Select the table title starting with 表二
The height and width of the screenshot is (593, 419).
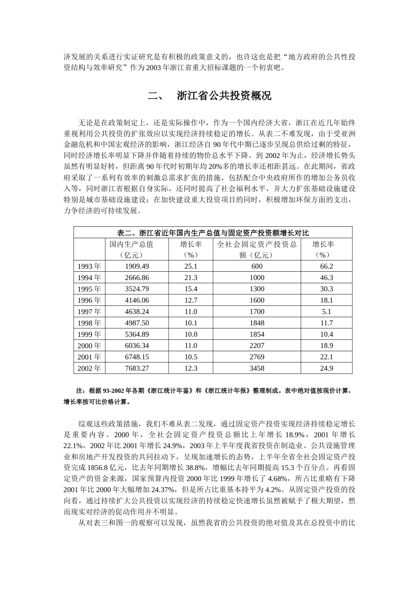(x=213, y=233)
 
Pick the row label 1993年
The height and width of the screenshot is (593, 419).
(x=89, y=266)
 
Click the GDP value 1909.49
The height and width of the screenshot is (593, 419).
(x=137, y=266)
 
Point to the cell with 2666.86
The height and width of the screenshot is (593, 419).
(x=137, y=278)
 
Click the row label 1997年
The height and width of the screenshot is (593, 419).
(x=89, y=312)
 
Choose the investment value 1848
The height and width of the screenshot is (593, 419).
(x=257, y=323)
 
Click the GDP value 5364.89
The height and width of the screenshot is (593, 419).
(x=137, y=334)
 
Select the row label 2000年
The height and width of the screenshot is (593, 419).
(x=89, y=346)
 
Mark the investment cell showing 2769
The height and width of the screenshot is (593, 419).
(x=257, y=357)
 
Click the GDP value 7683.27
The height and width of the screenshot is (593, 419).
(x=137, y=368)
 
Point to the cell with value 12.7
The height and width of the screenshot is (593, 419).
(x=191, y=300)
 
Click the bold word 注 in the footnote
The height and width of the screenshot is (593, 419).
(x=80, y=391)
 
